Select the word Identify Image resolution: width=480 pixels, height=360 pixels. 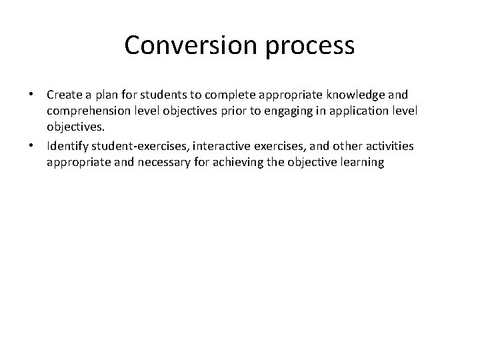pyautogui.click(x=68, y=147)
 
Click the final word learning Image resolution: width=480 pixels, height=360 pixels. pyautogui.click(x=361, y=161)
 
